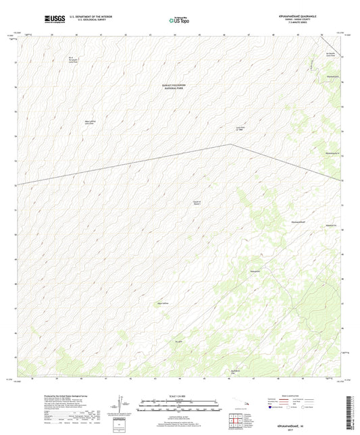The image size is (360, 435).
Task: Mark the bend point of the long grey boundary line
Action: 231,145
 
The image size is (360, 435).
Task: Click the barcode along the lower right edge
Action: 351,412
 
